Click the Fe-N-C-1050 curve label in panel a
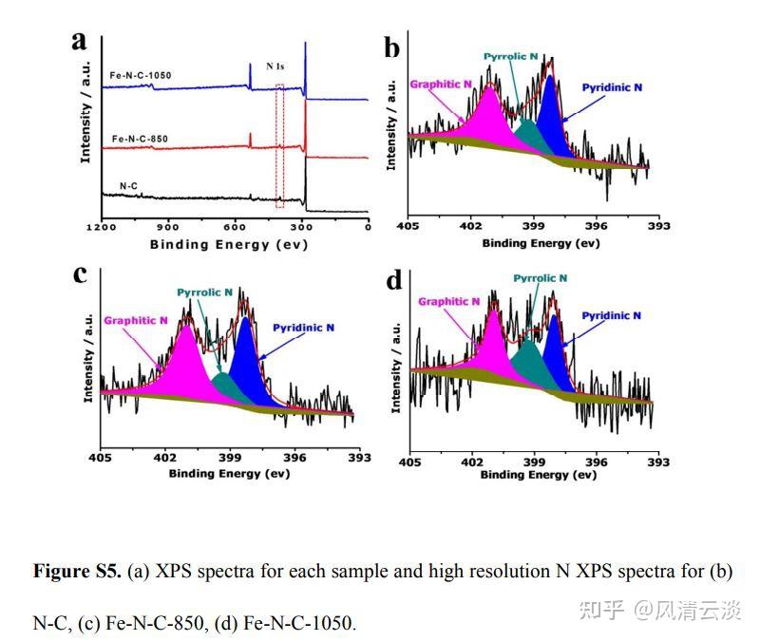coord(142,74)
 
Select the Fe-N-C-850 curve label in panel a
coord(139,139)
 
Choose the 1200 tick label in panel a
coord(101,227)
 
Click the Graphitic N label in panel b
coord(441,84)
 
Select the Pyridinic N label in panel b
coord(612,87)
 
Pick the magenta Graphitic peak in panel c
coord(187,366)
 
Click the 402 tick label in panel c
coord(164,458)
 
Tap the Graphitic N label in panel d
coord(449,301)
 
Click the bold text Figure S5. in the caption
coord(77,572)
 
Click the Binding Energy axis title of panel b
coord(541,243)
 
